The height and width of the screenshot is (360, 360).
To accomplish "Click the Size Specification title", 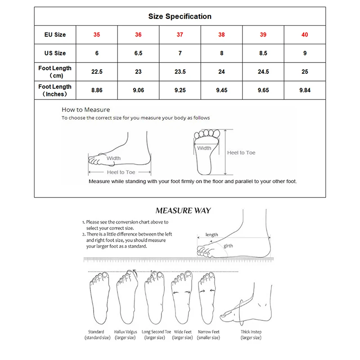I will coord(180,17).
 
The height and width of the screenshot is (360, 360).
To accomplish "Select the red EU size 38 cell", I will coord(221,35).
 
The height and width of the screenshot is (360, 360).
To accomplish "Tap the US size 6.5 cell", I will coord(138,53).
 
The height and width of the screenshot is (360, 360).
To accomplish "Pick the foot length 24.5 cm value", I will coord(263,72).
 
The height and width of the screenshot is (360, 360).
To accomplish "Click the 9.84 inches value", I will coord(305,90).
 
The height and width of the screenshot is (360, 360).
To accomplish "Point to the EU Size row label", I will coord(55,35).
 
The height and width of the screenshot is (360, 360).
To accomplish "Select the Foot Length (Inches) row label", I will coord(55,90).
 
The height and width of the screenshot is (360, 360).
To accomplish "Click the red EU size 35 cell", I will coord(97,35).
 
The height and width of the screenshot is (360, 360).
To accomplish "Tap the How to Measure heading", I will coord(85,109).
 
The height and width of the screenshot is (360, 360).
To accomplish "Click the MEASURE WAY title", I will coord(183,210).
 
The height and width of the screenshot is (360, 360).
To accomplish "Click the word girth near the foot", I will coord(228,246).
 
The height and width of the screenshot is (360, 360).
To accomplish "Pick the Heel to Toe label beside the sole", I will coord(241,153).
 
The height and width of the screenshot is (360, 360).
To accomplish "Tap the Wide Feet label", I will coord(182,332).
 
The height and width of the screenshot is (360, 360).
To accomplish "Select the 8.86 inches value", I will coord(97,90).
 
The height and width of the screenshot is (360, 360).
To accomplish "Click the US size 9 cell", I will coord(305,53).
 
